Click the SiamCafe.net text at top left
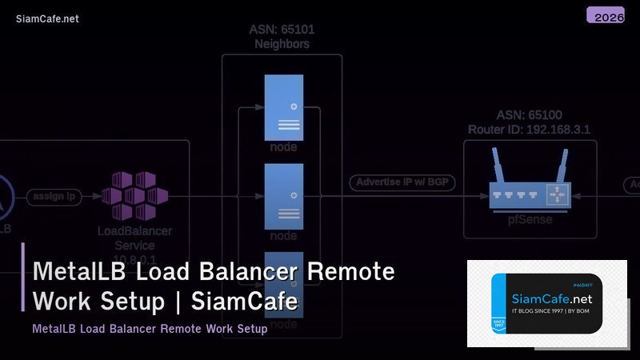(47, 19)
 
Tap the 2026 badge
(605, 16)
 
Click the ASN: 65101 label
(282, 30)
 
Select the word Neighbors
(282, 44)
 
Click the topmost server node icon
(283, 106)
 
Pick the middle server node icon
(283, 195)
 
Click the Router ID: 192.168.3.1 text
(529, 129)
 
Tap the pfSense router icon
(529, 194)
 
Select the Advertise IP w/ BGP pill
(402, 182)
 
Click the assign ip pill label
(54, 196)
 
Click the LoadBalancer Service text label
(135, 238)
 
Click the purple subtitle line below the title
(150, 329)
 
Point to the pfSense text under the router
(529, 220)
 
